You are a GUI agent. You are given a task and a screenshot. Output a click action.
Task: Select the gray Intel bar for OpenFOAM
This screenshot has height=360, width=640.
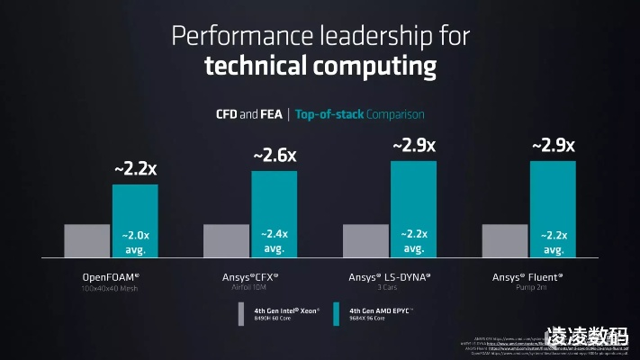86,241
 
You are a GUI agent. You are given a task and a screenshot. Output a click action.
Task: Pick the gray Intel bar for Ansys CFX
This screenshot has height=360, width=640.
226,241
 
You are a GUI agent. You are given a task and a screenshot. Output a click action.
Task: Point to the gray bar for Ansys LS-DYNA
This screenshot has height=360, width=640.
365,241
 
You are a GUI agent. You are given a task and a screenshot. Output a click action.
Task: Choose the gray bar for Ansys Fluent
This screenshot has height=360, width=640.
505,241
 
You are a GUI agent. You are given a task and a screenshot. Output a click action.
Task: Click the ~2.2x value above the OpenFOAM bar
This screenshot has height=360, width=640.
135,168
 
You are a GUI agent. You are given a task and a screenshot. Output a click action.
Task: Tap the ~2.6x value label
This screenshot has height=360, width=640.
275,155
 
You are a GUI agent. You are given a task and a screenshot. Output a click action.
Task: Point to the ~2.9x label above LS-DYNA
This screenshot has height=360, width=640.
414,144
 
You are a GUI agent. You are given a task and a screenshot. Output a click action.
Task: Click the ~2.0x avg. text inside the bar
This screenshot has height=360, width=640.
134,241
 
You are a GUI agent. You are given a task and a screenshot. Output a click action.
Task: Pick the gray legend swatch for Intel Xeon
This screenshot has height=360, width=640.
241,313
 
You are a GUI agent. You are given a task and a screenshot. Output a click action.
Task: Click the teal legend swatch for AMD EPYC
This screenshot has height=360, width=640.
335,313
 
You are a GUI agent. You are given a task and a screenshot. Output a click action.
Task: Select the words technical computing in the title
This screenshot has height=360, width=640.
320,67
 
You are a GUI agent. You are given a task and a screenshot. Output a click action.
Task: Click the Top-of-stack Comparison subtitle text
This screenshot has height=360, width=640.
359,114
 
